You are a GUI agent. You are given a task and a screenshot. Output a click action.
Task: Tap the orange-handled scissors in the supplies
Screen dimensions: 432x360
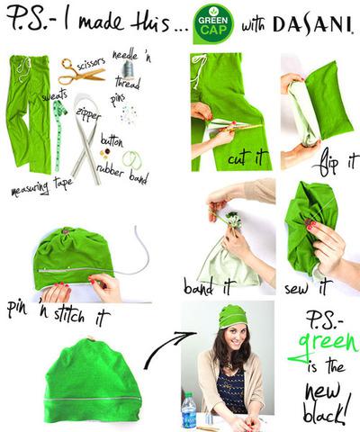pyautogui.click(x=80, y=71)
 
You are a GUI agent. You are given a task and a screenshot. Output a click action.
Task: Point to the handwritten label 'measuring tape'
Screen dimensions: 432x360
pyautogui.click(x=40, y=190)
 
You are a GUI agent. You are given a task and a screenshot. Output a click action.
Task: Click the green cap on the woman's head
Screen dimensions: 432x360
pyautogui.click(x=233, y=316)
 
